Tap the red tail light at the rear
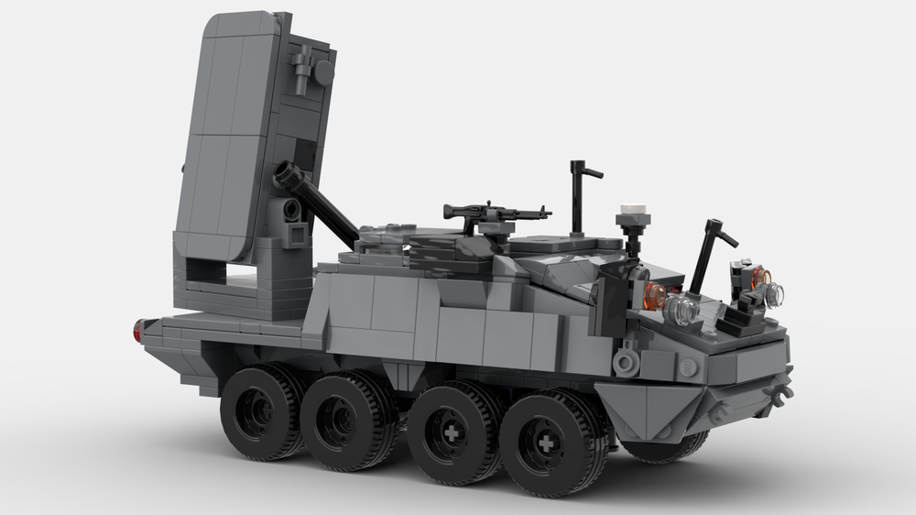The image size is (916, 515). [x=138, y=331]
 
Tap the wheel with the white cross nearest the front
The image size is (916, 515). [x=546, y=444]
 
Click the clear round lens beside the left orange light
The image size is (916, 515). [x=682, y=311]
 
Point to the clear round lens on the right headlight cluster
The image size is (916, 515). [x=775, y=293]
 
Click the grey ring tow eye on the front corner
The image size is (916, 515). [x=627, y=361]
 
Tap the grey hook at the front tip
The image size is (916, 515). [x=783, y=394]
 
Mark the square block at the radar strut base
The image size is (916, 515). [x=295, y=236]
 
